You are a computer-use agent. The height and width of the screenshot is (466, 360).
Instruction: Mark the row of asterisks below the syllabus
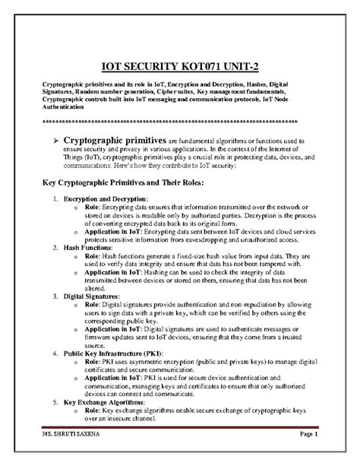[x=179, y=120]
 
